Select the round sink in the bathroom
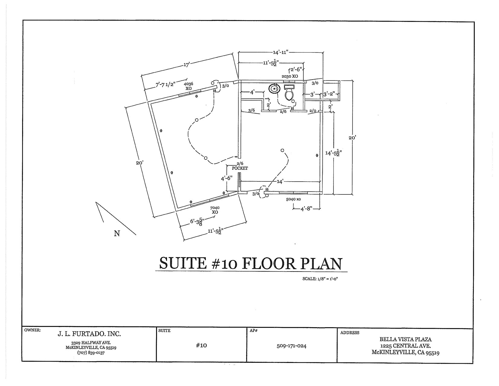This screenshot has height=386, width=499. click(x=275, y=89)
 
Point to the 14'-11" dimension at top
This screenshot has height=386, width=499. click(x=281, y=52)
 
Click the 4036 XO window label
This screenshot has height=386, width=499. click(x=189, y=86)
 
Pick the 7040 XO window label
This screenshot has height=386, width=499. click(x=215, y=210)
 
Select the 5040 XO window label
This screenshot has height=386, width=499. click(x=293, y=199)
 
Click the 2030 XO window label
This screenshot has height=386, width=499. click(x=290, y=76)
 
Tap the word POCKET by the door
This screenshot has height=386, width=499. click(x=240, y=168)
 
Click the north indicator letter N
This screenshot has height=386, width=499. click(x=117, y=233)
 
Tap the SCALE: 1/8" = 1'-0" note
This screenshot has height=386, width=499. click(x=320, y=279)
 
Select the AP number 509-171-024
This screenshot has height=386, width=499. click(x=292, y=346)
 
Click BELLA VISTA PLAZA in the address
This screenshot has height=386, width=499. click(x=405, y=340)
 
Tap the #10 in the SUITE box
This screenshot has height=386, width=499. click(x=201, y=345)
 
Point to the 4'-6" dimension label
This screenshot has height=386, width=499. click(x=227, y=179)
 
